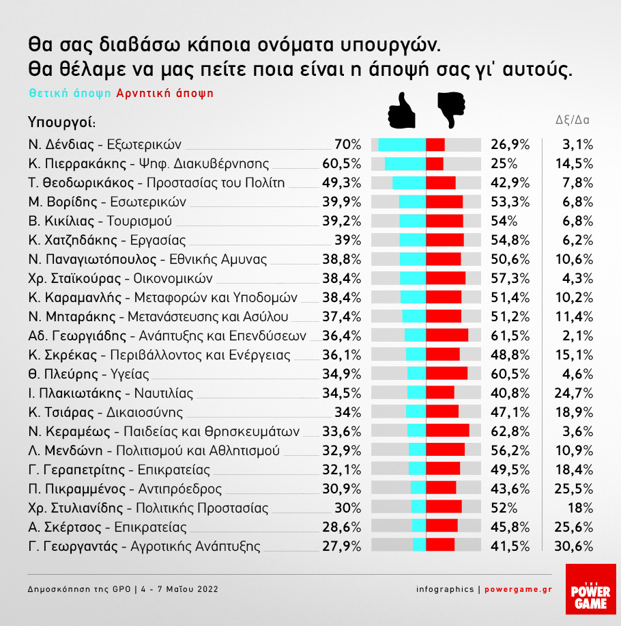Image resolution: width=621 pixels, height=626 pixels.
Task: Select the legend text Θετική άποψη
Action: point(70,93)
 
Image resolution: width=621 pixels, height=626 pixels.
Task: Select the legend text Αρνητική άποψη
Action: point(165,93)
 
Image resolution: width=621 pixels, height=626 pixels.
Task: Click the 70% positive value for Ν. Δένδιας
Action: point(347,145)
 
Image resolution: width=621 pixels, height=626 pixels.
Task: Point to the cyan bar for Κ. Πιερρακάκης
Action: point(405,164)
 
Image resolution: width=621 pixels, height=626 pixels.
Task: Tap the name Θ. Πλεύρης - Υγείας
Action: point(88,374)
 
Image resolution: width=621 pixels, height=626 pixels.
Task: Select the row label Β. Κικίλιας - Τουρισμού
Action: point(100,221)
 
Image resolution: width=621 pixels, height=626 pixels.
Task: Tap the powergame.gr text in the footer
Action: point(518,589)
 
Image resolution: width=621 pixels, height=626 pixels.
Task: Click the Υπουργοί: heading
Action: point(61,122)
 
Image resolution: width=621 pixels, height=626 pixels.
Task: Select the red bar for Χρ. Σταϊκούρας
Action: point(446,278)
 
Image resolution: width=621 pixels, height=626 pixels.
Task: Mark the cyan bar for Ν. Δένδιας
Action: point(402,145)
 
